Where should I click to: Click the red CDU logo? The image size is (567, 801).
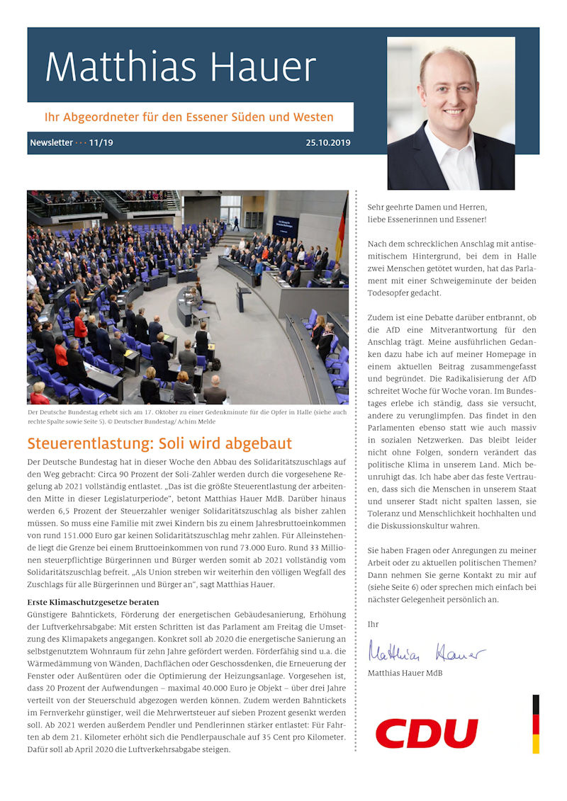click(x=427, y=732)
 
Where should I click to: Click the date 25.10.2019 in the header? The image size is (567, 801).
click(x=327, y=143)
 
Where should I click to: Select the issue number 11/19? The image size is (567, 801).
click(x=101, y=143)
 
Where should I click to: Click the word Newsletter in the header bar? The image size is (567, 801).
click(x=51, y=143)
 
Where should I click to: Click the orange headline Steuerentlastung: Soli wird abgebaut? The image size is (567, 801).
click(x=159, y=444)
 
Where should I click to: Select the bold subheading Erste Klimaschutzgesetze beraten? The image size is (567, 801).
click(x=93, y=602)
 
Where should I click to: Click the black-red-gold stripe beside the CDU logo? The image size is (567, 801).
click(x=536, y=723)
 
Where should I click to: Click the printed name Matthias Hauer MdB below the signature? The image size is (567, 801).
click(x=405, y=673)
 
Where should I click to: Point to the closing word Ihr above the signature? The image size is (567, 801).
click(x=373, y=624)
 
